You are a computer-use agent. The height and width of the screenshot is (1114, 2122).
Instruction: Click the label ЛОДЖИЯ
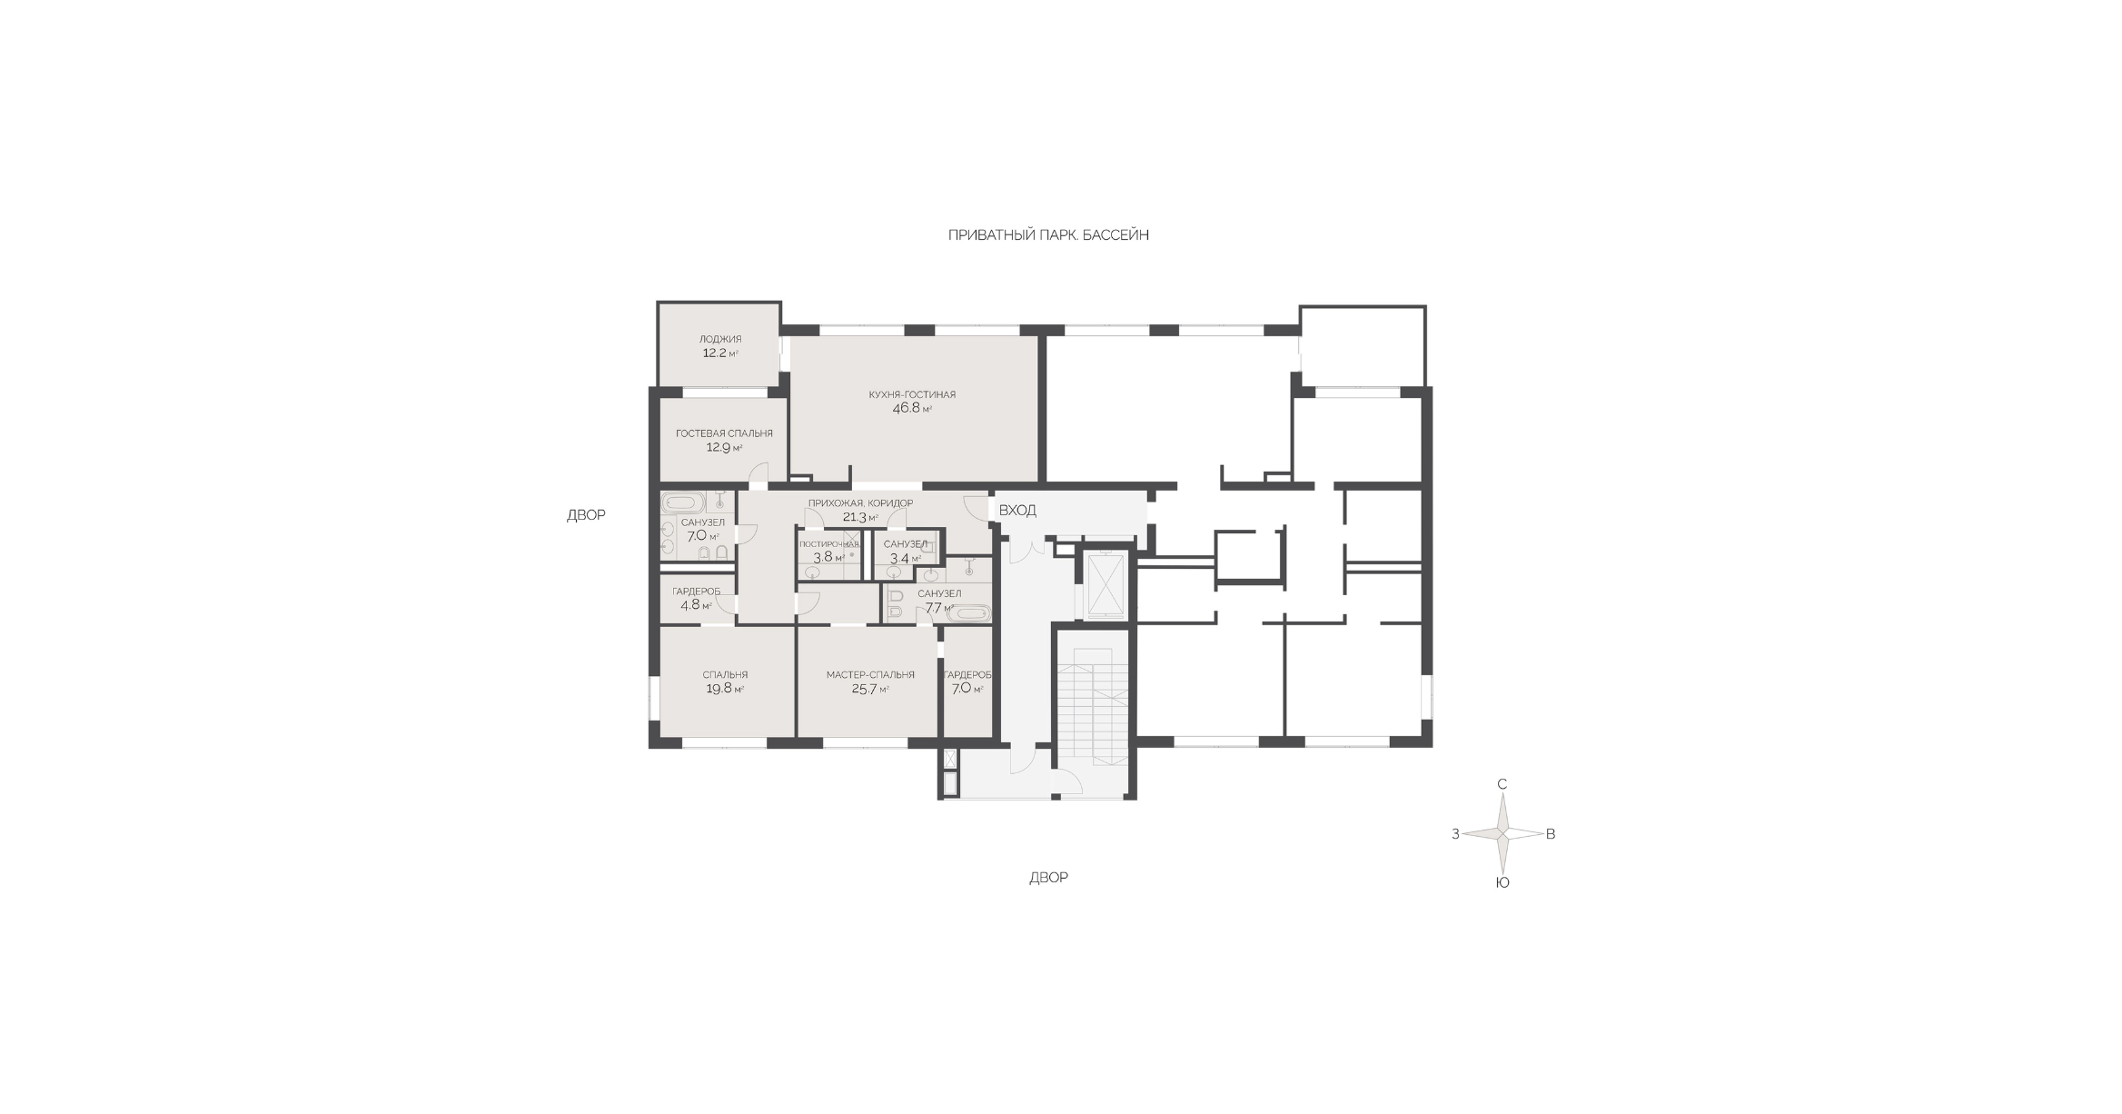[x=720, y=339]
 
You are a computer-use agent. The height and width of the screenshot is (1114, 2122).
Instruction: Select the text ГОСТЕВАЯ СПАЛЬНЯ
[x=724, y=433]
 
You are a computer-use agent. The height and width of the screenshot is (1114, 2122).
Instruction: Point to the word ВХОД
[x=1017, y=511]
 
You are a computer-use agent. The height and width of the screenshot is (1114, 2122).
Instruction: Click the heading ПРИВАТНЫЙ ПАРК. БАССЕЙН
[x=1048, y=235]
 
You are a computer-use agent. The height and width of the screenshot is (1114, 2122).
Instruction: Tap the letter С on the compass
[x=1502, y=784]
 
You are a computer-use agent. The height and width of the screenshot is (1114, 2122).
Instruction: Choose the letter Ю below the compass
[x=1502, y=882]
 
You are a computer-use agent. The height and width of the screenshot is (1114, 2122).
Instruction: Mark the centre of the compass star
[x=1503, y=833]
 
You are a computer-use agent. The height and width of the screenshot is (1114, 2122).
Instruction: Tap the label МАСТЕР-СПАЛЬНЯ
[x=870, y=675]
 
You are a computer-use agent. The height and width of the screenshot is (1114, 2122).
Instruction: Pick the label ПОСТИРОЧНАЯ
[x=828, y=544]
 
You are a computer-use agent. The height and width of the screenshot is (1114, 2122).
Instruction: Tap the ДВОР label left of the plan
[x=586, y=515]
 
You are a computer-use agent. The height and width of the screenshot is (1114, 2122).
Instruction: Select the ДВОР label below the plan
[x=1048, y=878]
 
